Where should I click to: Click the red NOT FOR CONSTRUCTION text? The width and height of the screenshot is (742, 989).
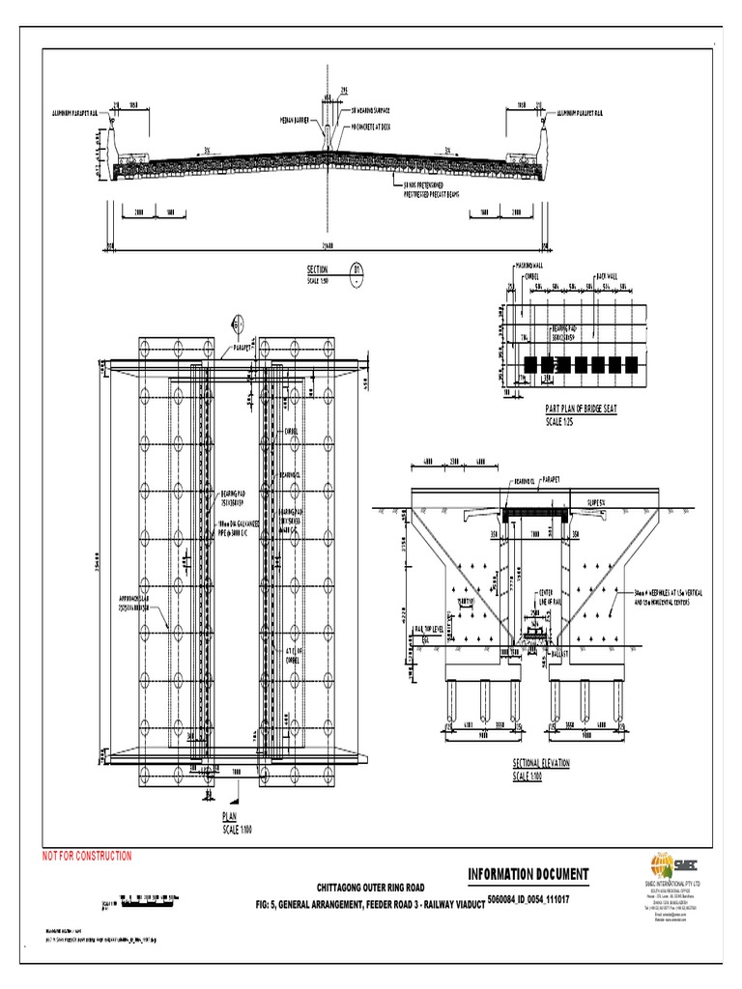pyautogui.click(x=85, y=856)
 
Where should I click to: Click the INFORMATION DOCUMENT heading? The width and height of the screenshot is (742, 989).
pyautogui.click(x=528, y=875)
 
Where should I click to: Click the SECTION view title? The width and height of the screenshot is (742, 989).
pyautogui.click(x=318, y=269)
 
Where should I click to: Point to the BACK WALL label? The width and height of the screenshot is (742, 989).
pyautogui.click(x=606, y=275)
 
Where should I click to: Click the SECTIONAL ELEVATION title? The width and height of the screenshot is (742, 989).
pyautogui.click(x=541, y=763)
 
